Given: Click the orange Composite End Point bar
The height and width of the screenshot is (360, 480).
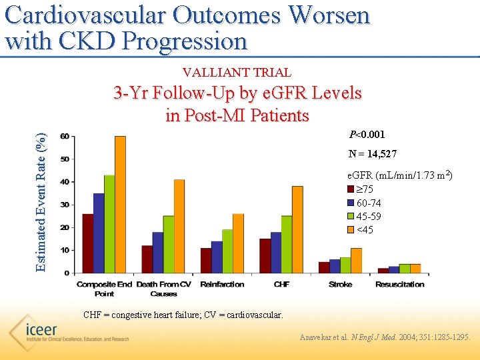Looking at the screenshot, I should coord(120,205).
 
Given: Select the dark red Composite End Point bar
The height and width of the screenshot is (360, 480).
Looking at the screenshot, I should coord(87,243).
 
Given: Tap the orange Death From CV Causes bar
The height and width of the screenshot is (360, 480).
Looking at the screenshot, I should coord(179,226).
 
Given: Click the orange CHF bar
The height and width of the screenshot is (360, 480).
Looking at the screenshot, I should coord(297,229).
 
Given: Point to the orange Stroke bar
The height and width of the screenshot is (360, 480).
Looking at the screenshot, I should coord(356,261).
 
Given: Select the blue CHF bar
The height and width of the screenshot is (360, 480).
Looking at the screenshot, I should coord(275,253).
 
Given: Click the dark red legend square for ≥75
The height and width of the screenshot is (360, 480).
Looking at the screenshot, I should coord(351,189).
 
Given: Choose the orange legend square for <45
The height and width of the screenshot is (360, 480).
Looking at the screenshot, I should coord(351,230).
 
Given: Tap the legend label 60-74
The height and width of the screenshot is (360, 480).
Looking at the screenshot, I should coord(369,203).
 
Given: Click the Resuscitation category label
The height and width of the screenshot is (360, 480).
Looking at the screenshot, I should coord(399,285).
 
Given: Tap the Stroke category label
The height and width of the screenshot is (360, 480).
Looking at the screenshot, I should coord(341,285).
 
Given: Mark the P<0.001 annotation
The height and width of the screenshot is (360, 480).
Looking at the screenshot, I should coord(367,134).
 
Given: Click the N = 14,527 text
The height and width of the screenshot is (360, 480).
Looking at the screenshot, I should coord(373,154).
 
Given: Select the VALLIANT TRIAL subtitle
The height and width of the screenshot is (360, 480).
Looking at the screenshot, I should coord(237,72).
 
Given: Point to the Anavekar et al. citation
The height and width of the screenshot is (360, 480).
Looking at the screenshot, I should coord(385,338).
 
